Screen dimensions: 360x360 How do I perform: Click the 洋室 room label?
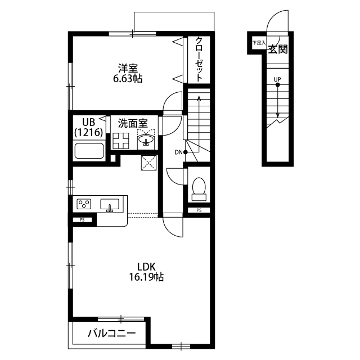click(128, 69)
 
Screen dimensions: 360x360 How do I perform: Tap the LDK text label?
click(146, 267)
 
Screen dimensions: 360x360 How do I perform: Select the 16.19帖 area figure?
click(146, 277)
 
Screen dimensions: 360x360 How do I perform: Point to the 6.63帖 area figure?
click(128, 79)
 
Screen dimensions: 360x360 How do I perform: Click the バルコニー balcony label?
click(112, 333)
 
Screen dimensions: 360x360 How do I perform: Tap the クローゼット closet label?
click(199, 59)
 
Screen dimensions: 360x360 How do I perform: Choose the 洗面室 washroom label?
click(133, 123)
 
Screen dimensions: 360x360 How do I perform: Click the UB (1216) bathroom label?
click(89, 127)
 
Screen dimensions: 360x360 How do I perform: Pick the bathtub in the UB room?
click(89, 151)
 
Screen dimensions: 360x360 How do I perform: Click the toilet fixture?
click(199, 189)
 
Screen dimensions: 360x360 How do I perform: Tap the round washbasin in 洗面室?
click(146, 139)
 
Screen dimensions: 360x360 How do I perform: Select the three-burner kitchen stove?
click(84, 204)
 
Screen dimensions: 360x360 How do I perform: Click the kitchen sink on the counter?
click(110, 204)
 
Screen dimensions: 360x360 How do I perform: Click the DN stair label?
click(178, 152)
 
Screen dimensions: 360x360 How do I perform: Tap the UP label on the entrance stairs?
click(277, 79)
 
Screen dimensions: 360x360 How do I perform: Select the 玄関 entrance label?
click(278, 49)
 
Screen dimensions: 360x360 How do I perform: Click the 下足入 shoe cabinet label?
click(259, 43)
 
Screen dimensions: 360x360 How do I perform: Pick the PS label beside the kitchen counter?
click(82, 220)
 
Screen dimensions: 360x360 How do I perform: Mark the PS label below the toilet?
click(199, 210)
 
